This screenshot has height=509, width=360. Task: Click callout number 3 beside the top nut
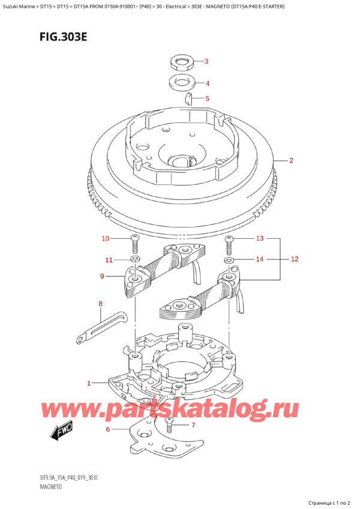(x=206, y=61)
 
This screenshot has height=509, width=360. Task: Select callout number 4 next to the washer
(x=207, y=83)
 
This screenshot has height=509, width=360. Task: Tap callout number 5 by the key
(x=207, y=98)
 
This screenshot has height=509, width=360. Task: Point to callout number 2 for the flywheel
(x=291, y=160)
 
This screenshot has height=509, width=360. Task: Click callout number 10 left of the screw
(x=105, y=239)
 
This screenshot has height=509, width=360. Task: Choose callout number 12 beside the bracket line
(x=295, y=259)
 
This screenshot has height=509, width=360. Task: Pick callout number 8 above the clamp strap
(x=100, y=304)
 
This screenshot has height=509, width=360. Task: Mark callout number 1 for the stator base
(x=89, y=384)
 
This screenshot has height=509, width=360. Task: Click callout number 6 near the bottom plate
(x=108, y=430)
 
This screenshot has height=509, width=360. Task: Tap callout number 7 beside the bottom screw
(x=193, y=425)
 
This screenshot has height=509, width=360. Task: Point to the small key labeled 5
(x=188, y=98)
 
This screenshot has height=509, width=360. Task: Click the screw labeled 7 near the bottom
(x=169, y=426)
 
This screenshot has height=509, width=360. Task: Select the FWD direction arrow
(x=62, y=432)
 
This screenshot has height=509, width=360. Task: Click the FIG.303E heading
(x=64, y=37)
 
